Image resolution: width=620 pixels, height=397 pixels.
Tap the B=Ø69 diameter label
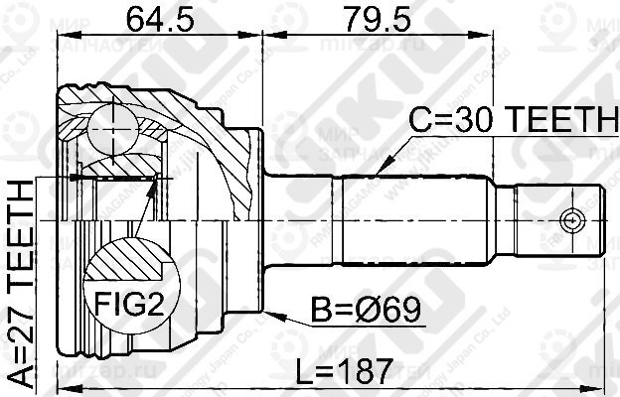point(370,311)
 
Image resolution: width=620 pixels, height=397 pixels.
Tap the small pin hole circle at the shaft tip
point(570,218)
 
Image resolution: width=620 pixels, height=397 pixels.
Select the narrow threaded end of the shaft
point(556,218)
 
